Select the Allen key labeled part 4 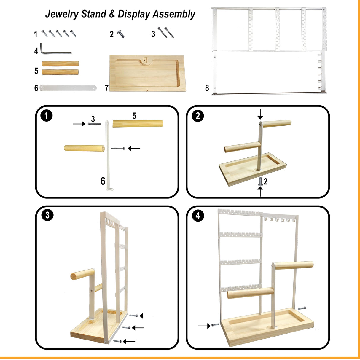(x=53, y=51)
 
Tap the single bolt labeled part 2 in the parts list (x=121, y=34)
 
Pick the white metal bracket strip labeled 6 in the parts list (x=68, y=88)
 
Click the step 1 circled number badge (x=46, y=116)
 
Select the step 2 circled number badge (x=197, y=116)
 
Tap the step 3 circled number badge (x=47, y=215)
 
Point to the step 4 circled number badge (x=197, y=216)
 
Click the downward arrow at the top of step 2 (x=260, y=114)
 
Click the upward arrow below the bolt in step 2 (x=260, y=191)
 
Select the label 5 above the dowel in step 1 (x=134, y=116)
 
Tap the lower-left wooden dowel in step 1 (x=84, y=148)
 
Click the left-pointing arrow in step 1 (x=134, y=148)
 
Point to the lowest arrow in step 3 (x=129, y=342)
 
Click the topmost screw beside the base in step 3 (x=133, y=316)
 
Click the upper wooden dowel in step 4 (x=294, y=265)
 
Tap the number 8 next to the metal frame (x=207, y=88)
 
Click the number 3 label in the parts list (x=153, y=34)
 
